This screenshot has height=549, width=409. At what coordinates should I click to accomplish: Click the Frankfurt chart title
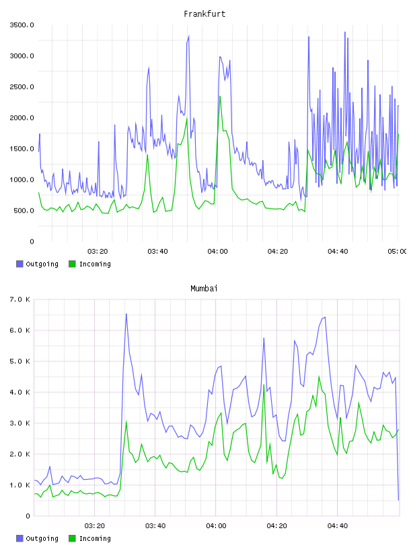(x=204, y=14)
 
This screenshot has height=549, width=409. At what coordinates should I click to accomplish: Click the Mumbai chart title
(x=204, y=289)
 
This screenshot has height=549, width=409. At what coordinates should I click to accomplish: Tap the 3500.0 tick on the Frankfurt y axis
(x=22, y=25)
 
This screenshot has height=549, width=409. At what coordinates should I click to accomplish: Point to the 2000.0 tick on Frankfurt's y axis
(x=22, y=118)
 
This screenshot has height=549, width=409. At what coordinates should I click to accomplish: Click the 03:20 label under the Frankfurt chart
(x=98, y=252)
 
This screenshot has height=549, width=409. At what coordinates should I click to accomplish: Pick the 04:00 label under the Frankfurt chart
(x=217, y=252)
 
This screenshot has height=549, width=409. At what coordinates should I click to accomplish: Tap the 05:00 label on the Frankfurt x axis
(x=397, y=252)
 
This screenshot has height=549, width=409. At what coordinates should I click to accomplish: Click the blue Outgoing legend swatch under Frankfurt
(x=20, y=264)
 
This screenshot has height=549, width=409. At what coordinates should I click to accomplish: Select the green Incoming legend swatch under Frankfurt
(x=72, y=264)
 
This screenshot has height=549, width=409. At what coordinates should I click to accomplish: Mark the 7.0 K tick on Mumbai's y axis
(x=20, y=299)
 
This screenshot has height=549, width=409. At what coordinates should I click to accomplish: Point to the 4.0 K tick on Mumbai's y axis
(x=20, y=392)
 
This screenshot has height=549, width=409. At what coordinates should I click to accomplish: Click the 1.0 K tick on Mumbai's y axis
(x=20, y=485)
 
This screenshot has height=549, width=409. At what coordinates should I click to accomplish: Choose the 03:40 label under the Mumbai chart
(x=155, y=526)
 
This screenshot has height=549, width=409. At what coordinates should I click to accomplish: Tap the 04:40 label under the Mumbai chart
(x=338, y=526)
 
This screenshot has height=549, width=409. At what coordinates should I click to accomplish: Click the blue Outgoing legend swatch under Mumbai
(x=20, y=538)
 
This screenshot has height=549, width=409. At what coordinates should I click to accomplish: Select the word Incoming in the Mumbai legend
(x=95, y=538)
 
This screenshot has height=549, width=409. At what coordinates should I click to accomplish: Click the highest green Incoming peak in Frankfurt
(x=220, y=97)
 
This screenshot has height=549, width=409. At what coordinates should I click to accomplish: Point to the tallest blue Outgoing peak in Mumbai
(x=126, y=314)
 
